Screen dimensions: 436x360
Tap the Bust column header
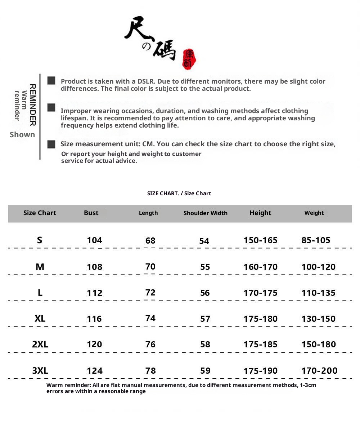[91, 213]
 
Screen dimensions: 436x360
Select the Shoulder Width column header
[205, 213]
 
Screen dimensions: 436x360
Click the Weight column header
[314, 213]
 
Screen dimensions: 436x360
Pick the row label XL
[40, 319]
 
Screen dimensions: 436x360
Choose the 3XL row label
[40, 370]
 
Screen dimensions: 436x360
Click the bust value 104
[94, 240]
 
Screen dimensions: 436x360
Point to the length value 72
[150, 293]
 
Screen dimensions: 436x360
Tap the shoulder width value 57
[205, 319]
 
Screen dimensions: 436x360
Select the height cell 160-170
[260, 267]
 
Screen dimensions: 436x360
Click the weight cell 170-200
[319, 370]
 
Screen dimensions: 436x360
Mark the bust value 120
[94, 344]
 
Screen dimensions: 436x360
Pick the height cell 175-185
[260, 344]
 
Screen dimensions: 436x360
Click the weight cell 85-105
[316, 240]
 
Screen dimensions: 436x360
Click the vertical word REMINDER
[32, 105]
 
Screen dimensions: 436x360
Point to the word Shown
[22, 135]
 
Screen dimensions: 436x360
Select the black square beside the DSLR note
[51, 81]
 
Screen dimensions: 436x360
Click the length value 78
[150, 370]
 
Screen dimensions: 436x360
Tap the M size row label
[40, 267]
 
